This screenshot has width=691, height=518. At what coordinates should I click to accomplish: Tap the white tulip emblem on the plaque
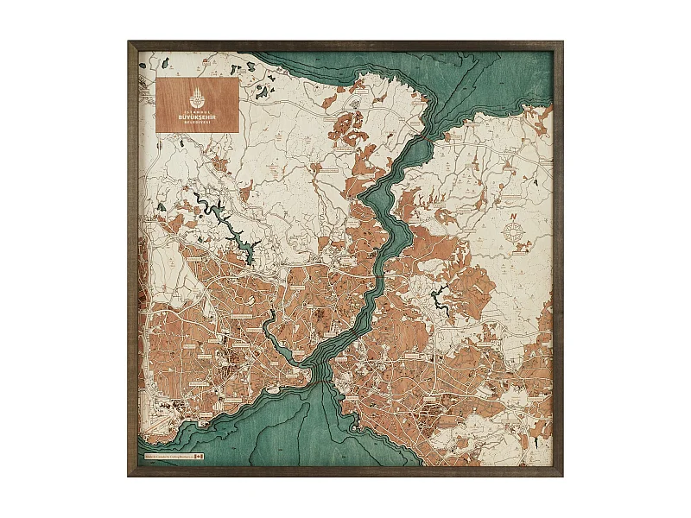pos(197,93)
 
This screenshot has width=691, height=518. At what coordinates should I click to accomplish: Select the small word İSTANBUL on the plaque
pos(197,108)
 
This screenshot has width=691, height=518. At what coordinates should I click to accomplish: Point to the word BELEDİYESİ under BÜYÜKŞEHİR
pos(197,122)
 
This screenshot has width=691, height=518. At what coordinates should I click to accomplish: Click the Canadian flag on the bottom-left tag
pos(198,455)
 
